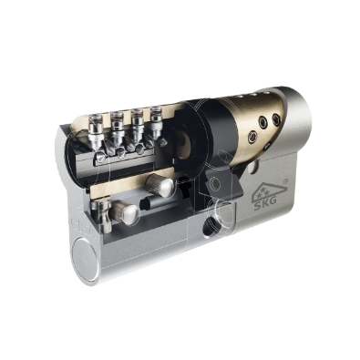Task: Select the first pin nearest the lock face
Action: click(96, 130)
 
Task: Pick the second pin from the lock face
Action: click(117, 128)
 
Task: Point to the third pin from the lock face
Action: click(137, 125)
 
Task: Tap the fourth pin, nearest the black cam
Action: click(156, 122)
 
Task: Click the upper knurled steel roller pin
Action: click(160, 185)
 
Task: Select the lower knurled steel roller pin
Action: click(124, 212)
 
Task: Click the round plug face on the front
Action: click(87, 259)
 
